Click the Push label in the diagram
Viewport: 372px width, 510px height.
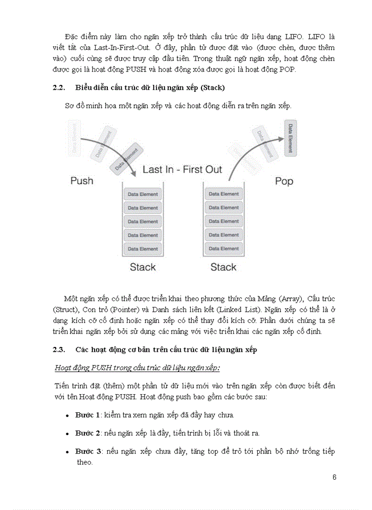(x=81, y=181)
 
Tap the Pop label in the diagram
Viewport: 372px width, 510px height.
(x=284, y=181)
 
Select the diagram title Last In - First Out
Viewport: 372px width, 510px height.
(x=182, y=170)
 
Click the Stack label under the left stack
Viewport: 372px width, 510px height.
(x=143, y=267)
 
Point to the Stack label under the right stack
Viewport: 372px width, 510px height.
(x=223, y=267)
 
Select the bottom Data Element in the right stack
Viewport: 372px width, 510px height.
(x=224, y=249)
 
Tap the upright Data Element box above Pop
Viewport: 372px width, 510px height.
(x=290, y=139)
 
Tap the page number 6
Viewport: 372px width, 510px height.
(x=334, y=477)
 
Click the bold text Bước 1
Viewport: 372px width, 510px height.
(x=88, y=415)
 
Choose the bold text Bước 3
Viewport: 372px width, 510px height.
(x=88, y=451)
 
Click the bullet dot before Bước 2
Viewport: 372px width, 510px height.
(x=67, y=433)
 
